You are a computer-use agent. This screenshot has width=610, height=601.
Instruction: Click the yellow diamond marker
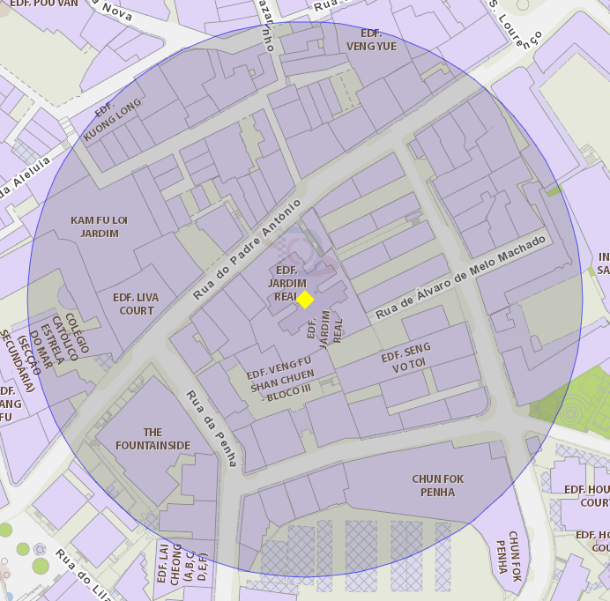pos(305,300)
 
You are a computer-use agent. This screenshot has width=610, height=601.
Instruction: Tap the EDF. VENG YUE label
pos(371,40)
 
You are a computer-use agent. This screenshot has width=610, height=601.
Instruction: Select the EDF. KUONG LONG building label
pos(112,121)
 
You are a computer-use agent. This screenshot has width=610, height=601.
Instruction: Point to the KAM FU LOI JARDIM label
pos(100,226)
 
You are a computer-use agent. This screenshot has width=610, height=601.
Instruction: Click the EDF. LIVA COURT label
pos(136,304)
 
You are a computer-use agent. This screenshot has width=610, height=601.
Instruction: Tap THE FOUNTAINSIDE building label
pos(152,439)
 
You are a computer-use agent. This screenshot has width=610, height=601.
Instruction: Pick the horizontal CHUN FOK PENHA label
pos(437,486)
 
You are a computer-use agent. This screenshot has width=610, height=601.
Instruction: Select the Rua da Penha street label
pos(212,428)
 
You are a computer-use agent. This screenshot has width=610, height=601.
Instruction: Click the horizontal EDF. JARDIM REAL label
pos(286,284)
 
